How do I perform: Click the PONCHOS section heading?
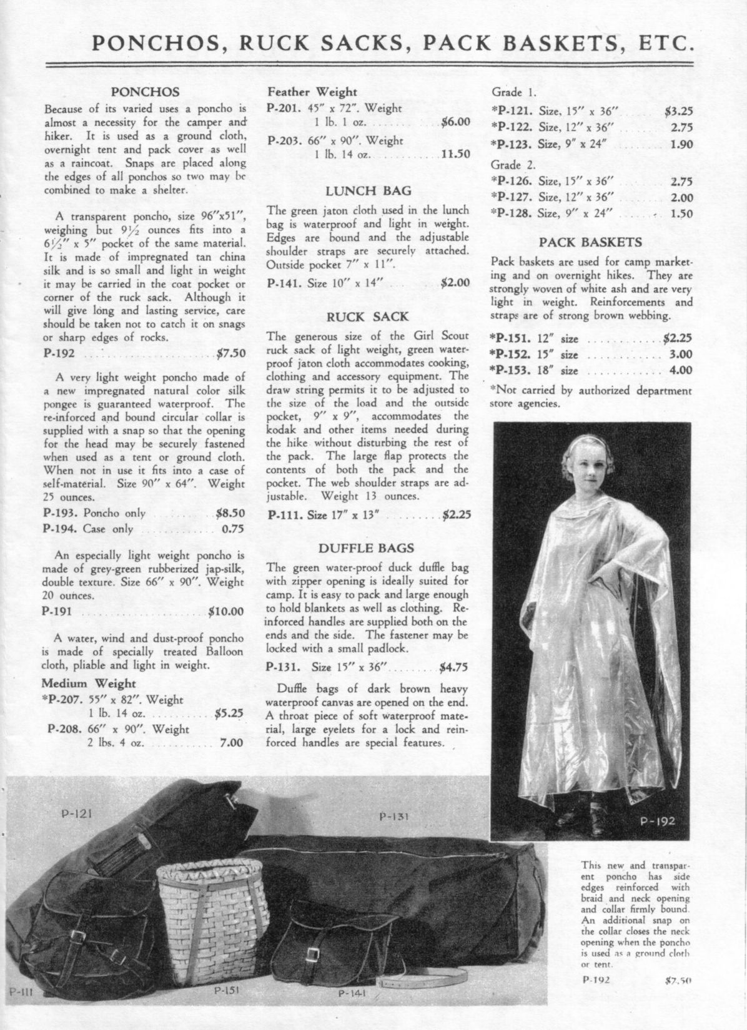145,91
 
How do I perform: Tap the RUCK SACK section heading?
369,316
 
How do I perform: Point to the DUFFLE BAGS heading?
366,548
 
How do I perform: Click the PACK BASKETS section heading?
590,242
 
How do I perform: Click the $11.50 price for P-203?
455,154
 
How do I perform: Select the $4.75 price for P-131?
453,666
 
